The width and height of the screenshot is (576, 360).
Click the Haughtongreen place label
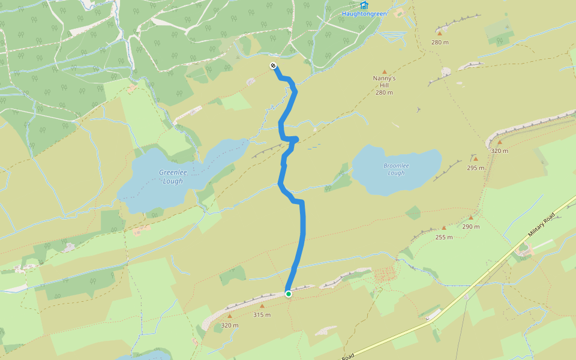pos(364,13)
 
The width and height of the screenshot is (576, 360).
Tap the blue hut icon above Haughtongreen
pos(364,5)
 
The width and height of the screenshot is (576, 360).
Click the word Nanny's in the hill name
pos(384,78)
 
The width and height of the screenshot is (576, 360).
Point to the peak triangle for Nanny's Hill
pos(385,71)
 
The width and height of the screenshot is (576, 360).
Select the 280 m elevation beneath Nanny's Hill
pos(384,92)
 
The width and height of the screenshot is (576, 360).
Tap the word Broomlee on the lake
pos(396,166)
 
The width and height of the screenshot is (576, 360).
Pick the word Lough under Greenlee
pos(173,181)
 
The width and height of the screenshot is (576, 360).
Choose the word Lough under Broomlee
pos(396,173)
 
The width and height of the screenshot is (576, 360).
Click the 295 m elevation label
pos(475,168)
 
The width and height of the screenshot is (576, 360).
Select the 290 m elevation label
pos(471,227)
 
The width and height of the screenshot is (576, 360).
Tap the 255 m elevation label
pos(444,237)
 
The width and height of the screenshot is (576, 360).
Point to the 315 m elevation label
pos(262,314)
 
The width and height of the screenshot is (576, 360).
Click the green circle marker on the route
pos(289,294)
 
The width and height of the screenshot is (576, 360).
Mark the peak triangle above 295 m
pos(475,159)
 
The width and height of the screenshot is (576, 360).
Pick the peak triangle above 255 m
pos(444,228)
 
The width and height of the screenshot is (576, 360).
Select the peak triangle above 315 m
pos(262,306)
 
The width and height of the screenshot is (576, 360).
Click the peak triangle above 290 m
pos(471,218)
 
